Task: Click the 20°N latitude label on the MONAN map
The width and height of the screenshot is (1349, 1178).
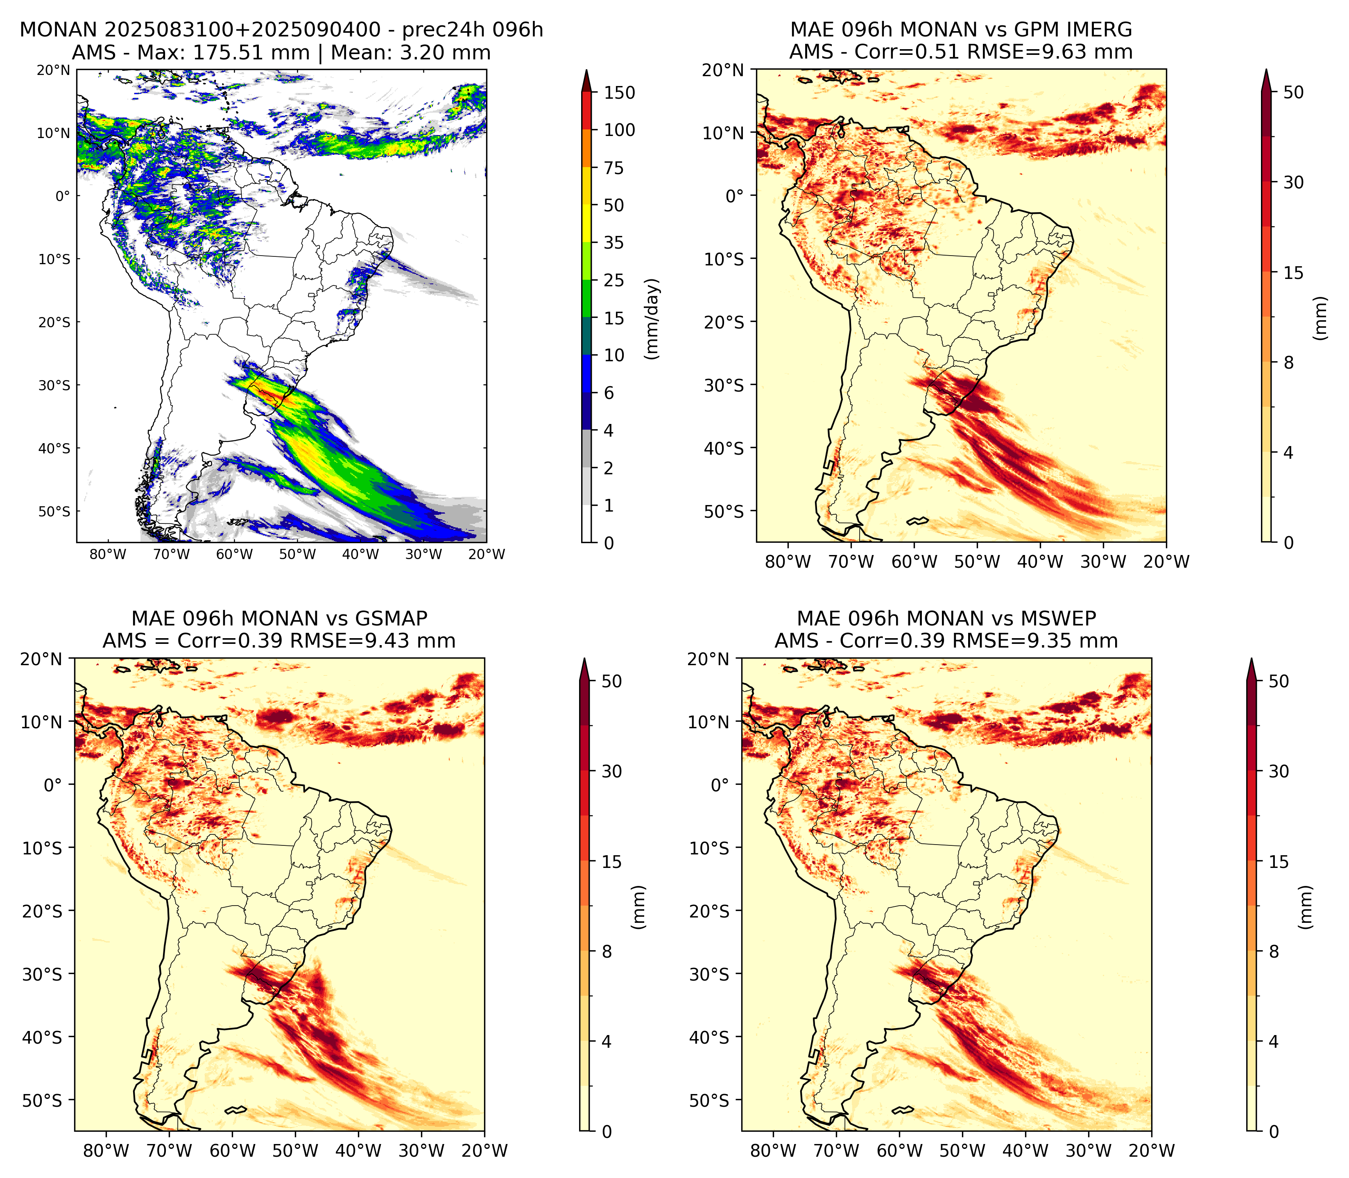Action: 53,70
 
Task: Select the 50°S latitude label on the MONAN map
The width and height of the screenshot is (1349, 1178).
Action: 53,512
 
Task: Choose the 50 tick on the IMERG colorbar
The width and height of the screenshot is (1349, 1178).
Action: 1293,93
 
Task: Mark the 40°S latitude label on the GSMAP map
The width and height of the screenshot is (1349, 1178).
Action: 42,1038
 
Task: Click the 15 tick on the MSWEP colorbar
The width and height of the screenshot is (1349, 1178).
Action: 1279,862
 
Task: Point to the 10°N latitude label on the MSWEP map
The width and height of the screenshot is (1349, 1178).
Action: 709,722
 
